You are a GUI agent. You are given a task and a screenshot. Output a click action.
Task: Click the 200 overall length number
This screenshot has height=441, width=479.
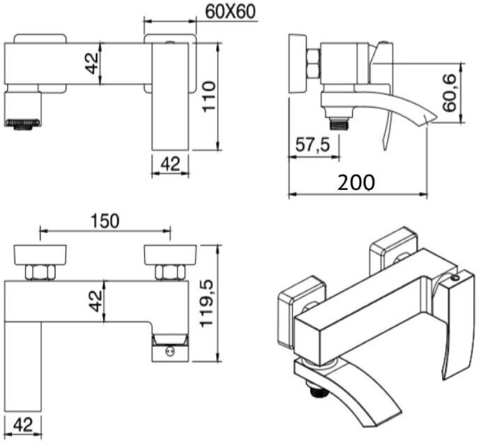356,182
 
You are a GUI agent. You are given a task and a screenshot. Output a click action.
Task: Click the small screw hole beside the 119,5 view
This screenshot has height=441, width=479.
167,353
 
